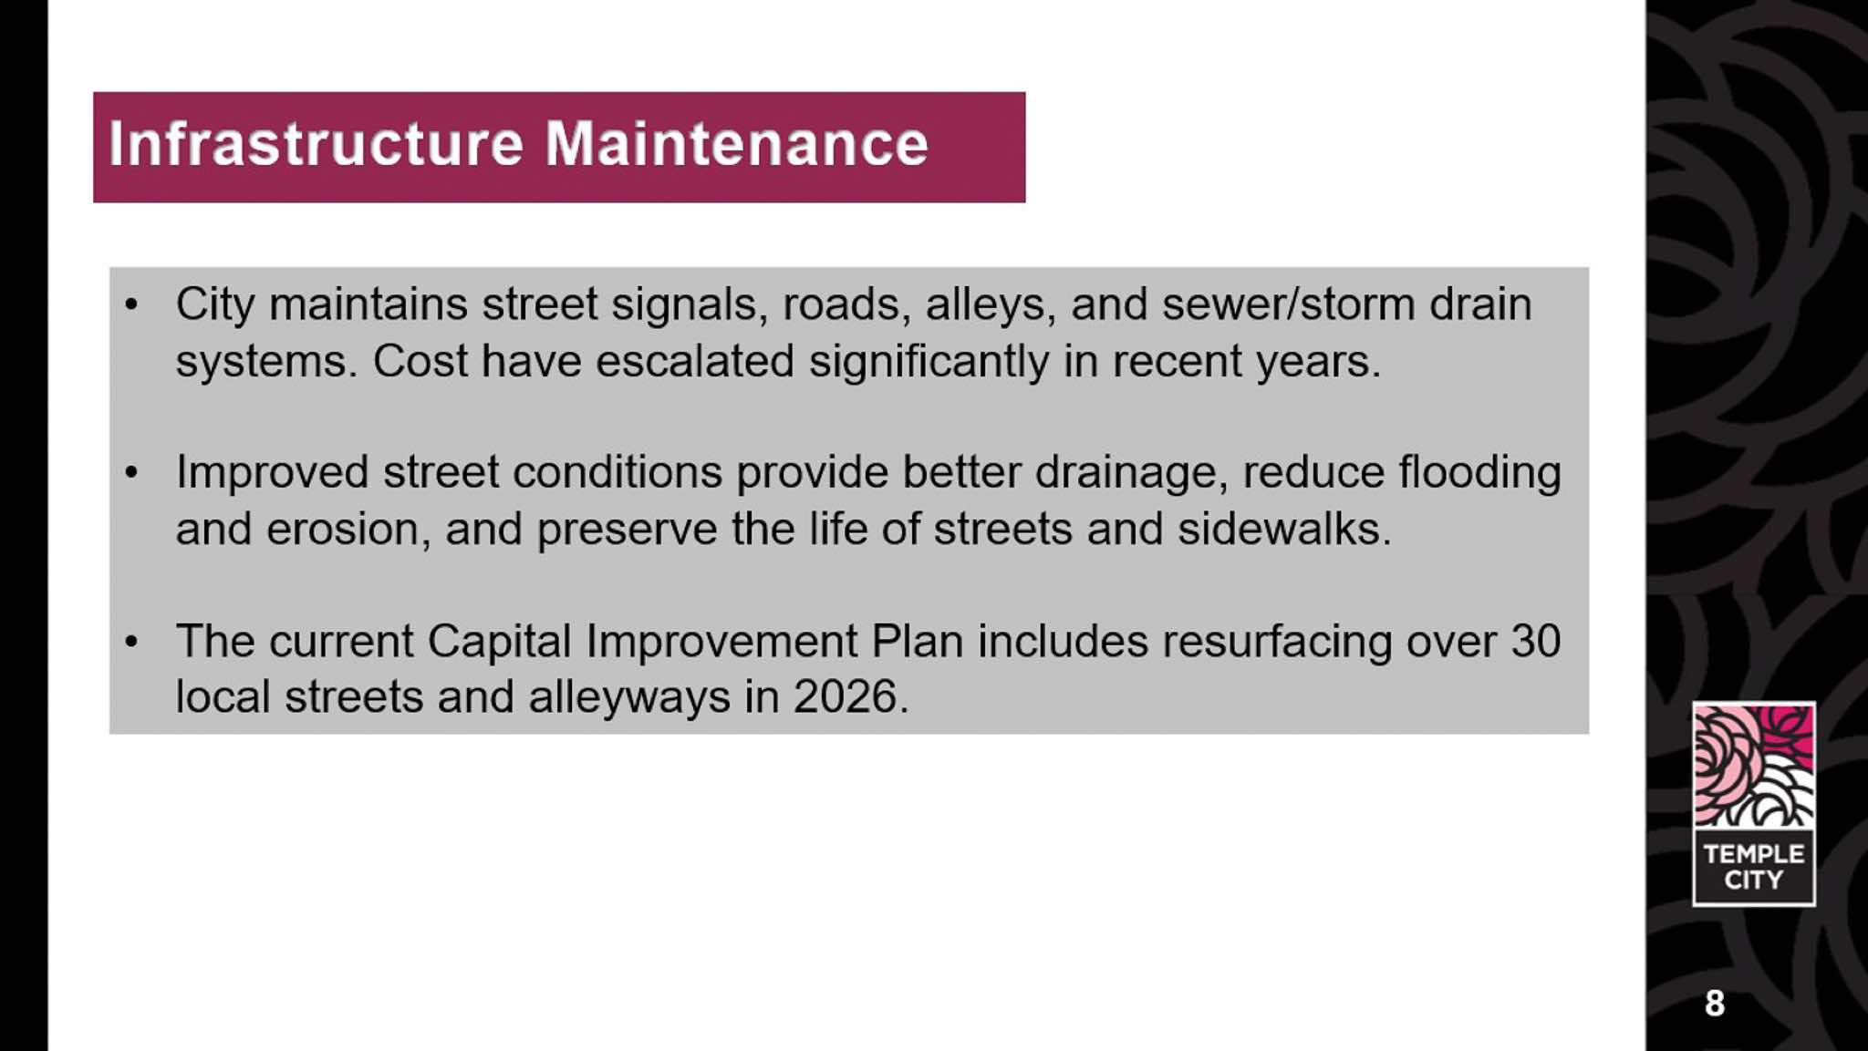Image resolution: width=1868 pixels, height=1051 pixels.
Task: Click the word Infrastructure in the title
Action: point(316,143)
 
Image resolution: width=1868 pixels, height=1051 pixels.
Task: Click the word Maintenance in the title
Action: point(737,143)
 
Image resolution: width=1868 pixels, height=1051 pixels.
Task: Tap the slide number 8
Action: point(1715,1003)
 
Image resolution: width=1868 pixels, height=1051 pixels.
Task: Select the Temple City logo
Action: point(1753,803)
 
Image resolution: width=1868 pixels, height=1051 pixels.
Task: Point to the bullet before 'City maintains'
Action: point(131,304)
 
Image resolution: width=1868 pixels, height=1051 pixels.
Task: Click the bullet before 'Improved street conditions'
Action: point(131,472)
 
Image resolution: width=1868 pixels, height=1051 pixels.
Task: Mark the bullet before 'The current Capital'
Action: point(131,641)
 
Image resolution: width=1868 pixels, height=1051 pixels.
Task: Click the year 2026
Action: point(846,697)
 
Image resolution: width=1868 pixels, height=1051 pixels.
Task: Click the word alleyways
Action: point(629,698)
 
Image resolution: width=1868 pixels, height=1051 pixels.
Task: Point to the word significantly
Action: point(929,362)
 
